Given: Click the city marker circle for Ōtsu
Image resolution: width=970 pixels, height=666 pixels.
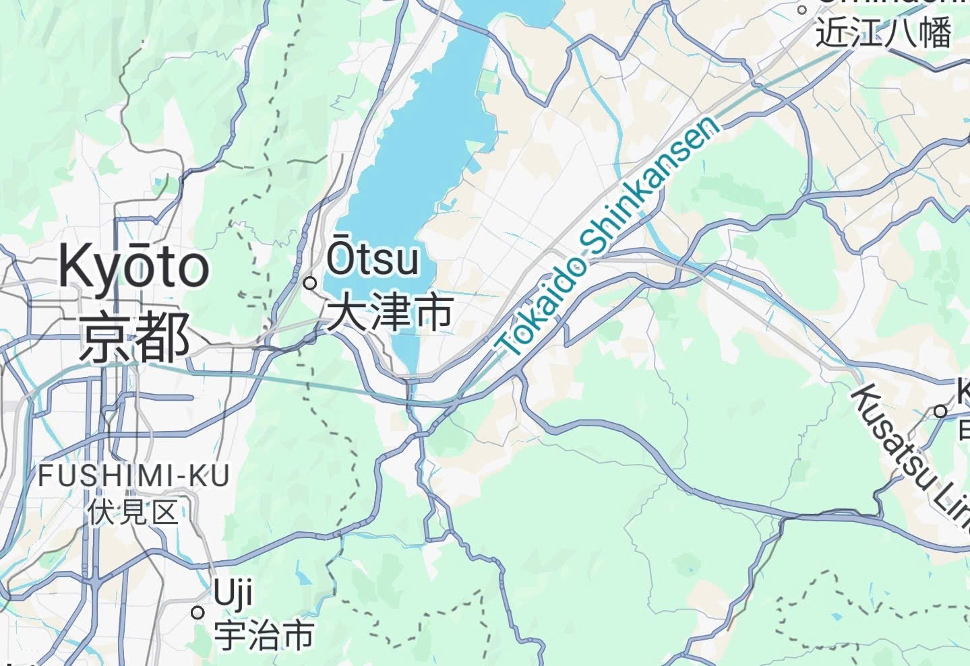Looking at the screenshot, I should (310, 283).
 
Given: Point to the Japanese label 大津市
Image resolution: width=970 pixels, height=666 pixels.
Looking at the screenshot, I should (390, 312).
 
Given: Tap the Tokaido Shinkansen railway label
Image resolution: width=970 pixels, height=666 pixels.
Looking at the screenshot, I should (605, 237).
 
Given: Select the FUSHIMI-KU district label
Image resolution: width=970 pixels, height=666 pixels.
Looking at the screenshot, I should (133, 476).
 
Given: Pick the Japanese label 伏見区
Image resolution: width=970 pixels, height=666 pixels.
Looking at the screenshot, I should (133, 512).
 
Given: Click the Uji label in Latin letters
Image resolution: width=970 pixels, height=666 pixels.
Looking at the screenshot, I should (233, 594).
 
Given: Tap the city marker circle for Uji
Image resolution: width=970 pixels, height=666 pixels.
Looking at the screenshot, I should (198, 613).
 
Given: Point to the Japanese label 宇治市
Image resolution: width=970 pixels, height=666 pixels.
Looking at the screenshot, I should (264, 635).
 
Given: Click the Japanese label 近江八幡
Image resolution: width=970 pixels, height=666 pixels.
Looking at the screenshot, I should (884, 32).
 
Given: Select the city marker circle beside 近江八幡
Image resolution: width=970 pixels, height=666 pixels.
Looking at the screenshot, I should (802, 10).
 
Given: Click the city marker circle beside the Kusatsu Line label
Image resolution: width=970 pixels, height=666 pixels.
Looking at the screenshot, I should (940, 411).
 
